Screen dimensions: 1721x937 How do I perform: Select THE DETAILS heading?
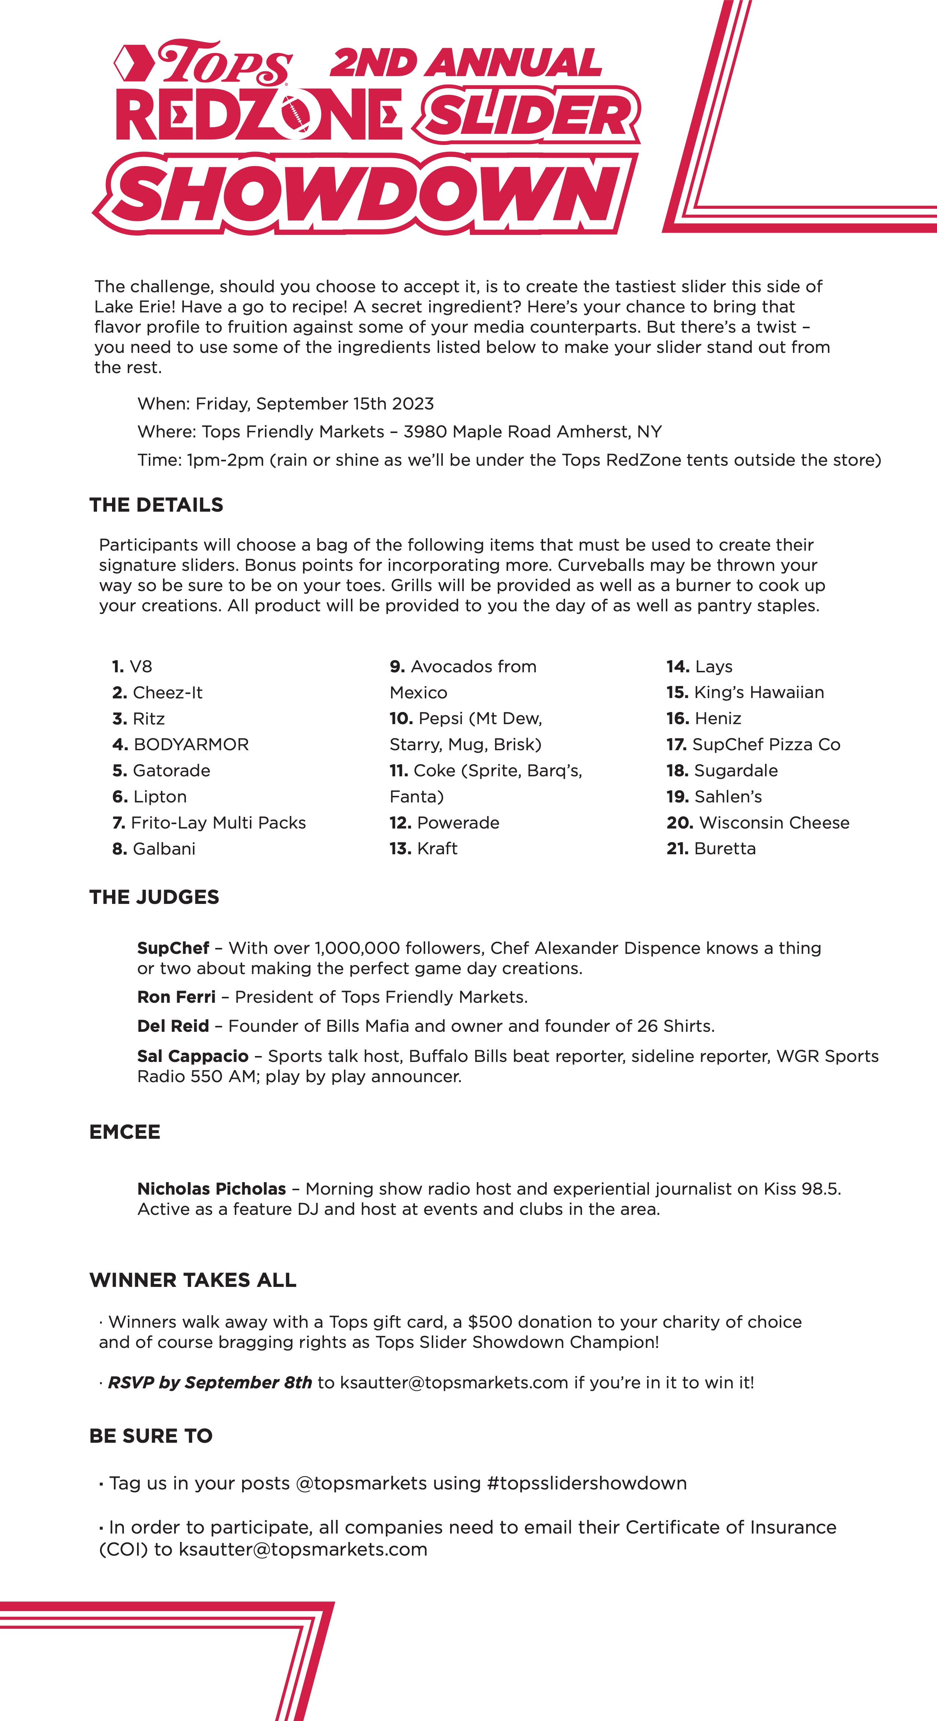(x=156, y=505)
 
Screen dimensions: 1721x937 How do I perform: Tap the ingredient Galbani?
(x=164, y=849)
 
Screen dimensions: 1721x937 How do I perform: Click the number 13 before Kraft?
(x=400, y=849)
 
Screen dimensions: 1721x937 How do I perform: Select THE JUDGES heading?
(x=154, y=897)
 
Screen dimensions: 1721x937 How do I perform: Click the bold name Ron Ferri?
(x=176, y=998)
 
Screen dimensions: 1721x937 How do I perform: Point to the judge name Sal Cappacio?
(x=192, y=1056)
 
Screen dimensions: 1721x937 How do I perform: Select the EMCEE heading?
(x=125, y=1133)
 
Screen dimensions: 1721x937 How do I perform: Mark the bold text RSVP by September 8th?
(x=210, y=1383)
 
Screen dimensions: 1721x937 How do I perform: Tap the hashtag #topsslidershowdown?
(x=587, y=1484)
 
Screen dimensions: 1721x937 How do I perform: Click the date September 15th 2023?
(x=345, y=404)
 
